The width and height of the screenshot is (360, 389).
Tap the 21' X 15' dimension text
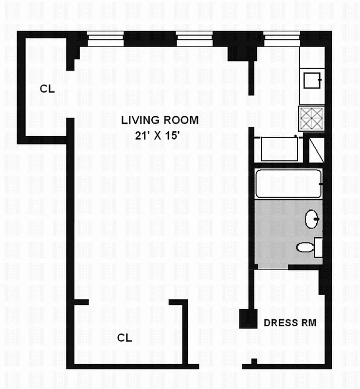160,137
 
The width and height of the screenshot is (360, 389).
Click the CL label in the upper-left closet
48,89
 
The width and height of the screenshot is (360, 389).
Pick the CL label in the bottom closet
125,337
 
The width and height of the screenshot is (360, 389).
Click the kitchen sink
312,80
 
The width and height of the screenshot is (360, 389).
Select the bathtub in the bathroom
288,183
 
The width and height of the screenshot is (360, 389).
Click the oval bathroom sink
311,219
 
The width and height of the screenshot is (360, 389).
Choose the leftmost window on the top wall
106,38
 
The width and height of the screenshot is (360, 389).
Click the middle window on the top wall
194,38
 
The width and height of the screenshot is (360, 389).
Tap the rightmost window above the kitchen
282,38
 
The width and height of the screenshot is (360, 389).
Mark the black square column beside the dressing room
249,319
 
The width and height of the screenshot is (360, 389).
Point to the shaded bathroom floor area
277,233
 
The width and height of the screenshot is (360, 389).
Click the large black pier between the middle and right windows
238,46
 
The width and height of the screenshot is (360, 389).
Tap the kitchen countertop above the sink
311,58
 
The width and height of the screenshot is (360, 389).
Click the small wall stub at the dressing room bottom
253,362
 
